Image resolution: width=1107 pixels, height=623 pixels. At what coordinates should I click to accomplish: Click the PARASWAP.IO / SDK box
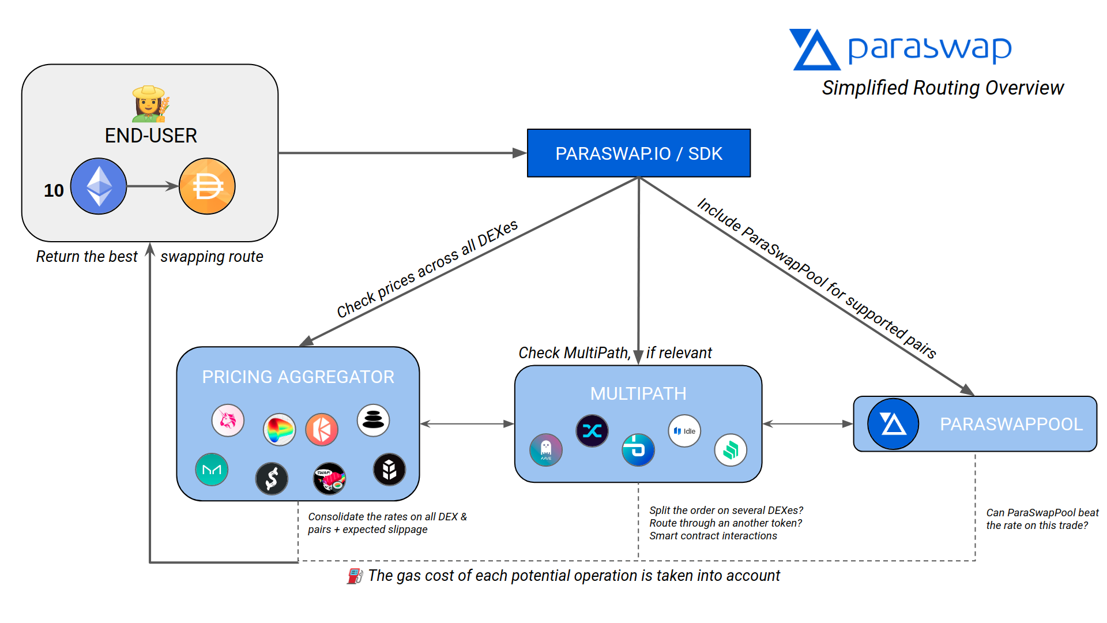[x=638, y=153]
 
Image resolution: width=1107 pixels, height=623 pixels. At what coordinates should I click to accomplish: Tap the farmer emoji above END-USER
[x=150, y=104]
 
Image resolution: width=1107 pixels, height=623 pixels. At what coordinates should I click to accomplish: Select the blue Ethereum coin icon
[x=99, y=186]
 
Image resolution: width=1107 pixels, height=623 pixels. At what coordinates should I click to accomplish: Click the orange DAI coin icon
[x=207, y=186]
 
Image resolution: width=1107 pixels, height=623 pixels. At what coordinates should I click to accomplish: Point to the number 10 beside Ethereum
[x=54, y=190]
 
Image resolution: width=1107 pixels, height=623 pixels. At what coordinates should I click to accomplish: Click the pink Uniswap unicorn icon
[x=228, y=420]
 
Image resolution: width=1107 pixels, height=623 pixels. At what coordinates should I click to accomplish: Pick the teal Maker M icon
[x=212, y=470]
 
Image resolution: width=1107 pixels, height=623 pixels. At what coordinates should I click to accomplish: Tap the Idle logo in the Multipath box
[x=684, y=431]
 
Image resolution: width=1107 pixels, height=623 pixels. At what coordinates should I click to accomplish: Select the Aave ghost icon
[x=545, y=450]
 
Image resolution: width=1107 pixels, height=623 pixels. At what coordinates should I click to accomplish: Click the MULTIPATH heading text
[x=638, y=393]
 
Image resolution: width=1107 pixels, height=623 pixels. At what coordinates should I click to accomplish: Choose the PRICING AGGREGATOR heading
[x=298, y=377]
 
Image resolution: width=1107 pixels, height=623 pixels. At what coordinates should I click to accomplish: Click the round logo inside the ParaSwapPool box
[x=893, y=424]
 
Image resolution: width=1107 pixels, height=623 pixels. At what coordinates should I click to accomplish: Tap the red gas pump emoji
[x=355, y=576]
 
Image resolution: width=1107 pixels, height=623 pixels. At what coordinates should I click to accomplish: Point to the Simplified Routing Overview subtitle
[x=943, y=88]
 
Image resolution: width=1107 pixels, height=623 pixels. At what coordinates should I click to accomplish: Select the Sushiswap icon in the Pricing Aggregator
[x=329, y=479]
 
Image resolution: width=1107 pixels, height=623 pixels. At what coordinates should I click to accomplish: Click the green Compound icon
[x=731, y=450]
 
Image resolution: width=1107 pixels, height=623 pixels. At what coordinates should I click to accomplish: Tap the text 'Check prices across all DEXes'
[x=427, y=269]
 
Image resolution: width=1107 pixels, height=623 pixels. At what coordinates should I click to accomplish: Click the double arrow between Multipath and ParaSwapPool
[x=807, y=424]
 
